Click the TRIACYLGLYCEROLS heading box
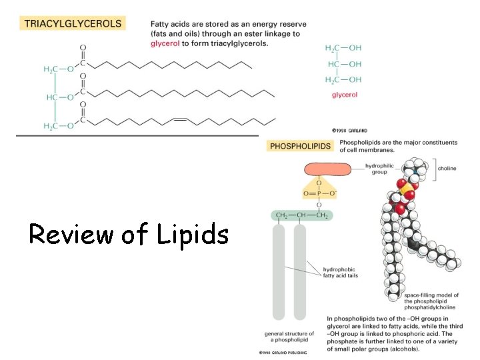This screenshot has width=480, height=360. pyautogui.click(x=73, y=23)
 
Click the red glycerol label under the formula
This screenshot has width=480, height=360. pyautogui.click(x=344, y=95)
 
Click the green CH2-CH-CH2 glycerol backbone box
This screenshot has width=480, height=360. pyautogui.click(x=302, y=215)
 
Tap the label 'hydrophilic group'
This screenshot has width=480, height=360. pyautogui.click(x=381, y=168)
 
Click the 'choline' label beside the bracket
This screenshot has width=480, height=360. pyautogui.click(x=447, y=169)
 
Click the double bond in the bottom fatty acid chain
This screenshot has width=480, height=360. pyautogui.click(x=179, y=120)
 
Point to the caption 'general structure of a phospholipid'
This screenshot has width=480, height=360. pyautogui.click(x=289, y=337)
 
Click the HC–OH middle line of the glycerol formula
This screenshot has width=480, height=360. pyautogui.click(x=343, y=64)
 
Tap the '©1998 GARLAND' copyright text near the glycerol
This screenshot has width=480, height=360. pyautogui.click(x=349, y=131)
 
